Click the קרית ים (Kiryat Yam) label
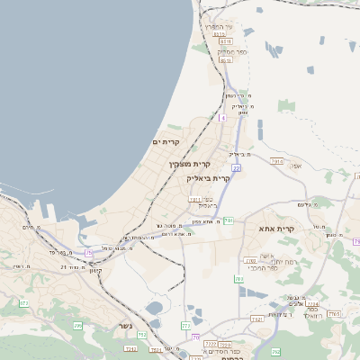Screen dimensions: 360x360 [166, 142]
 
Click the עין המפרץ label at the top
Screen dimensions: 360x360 [218, 27]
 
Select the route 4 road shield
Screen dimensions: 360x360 [222, 117]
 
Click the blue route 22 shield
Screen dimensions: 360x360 [236, 167]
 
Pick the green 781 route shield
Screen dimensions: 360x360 [229, 220]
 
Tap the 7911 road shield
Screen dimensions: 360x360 [195, 201]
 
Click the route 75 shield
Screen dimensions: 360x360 [88, 253]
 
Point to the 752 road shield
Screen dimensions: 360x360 [142, 335]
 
